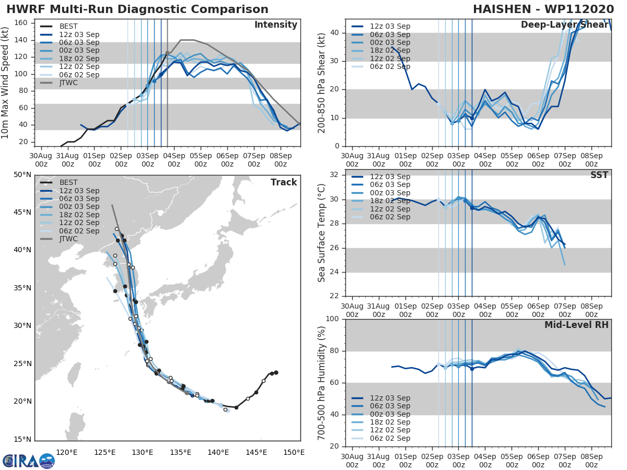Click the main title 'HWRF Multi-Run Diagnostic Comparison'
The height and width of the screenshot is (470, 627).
point(137,9)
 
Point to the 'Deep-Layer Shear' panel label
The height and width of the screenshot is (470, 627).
point(564,25)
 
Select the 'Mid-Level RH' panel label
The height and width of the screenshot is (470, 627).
point(576,325)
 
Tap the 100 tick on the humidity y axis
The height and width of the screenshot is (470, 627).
point(333,319)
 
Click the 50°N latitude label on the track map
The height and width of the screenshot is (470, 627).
point(22,174)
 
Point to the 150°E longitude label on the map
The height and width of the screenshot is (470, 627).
point(294,452)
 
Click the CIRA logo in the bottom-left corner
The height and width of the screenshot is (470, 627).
point(28,460)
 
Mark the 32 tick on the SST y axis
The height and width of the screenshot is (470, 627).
point(335,175)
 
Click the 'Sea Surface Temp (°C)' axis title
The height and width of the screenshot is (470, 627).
point(322,233)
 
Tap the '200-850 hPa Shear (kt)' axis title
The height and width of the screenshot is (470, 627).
point(322,83)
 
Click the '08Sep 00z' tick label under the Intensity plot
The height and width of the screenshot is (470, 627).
point(280,159)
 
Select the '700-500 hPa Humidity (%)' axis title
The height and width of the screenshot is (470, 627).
point(322,383)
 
